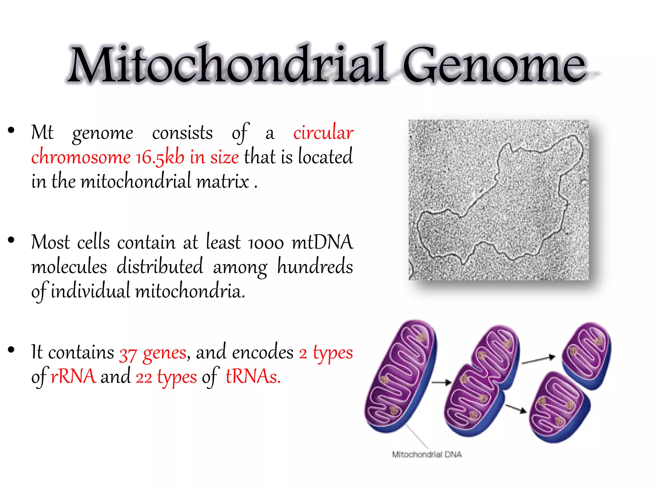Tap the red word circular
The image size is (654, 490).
click(323, 132)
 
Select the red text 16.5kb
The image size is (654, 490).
click(160, 157)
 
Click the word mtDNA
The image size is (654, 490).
click(322, 242)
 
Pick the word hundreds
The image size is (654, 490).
click(315, 267)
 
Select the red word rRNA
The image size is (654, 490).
click(73, 377)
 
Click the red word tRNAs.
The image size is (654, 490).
click(253, 377)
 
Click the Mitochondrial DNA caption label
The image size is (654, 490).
click(427, 454)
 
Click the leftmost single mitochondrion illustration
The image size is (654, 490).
click(401, 376)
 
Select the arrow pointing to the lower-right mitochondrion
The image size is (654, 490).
click(515, 408)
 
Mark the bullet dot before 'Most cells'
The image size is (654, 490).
click(11, 240)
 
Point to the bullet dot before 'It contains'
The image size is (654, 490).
click(11, 350)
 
